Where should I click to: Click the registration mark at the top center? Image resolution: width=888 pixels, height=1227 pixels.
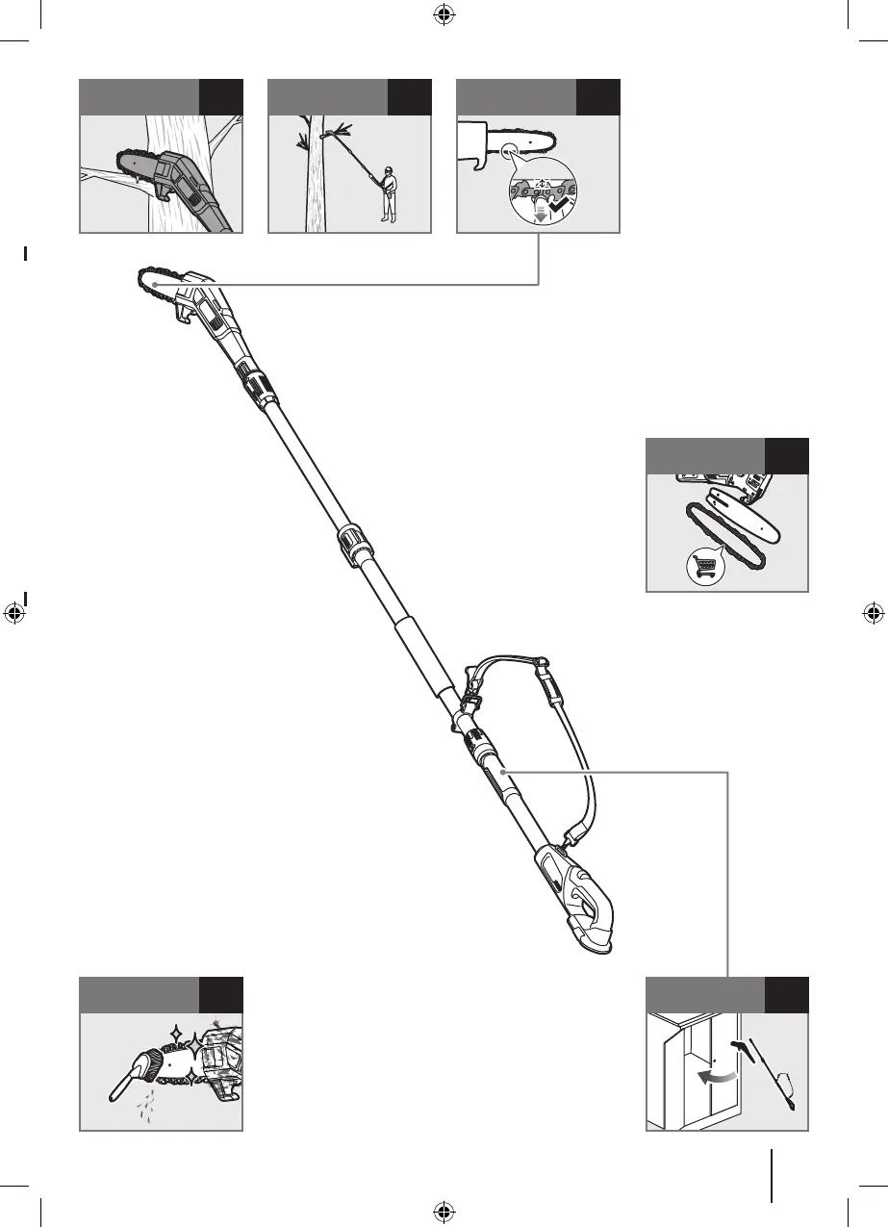coord(444,13)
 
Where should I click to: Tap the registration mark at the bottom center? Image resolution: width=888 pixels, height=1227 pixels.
coord(444,1211)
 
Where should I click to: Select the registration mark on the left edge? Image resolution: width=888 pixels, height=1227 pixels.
coord(13,612)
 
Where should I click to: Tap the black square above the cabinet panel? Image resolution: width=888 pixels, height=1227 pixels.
coord(787,995)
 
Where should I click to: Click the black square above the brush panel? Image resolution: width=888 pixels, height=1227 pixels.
coord(220,995)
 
